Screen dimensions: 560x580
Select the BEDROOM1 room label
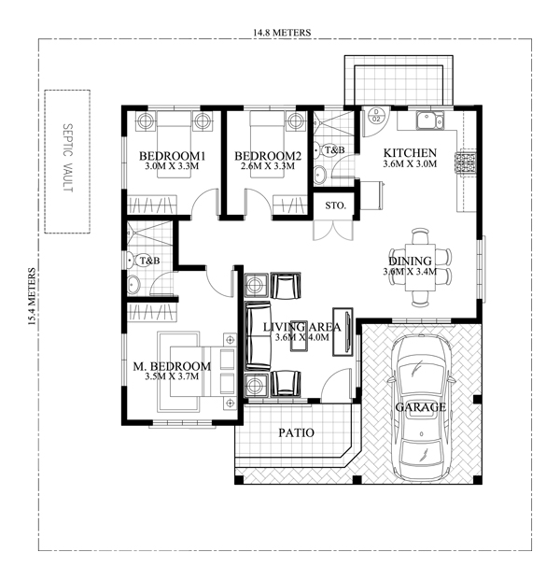click(x=173, y=155)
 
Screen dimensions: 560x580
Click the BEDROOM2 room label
click(x=268, y=155)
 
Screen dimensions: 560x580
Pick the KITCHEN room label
click(x=409, y=152)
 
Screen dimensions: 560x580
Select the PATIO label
click(x=296, y=433)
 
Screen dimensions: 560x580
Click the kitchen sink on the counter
click(x=430, y=120)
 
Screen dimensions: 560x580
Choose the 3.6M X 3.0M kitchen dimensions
click(x=409, y=164)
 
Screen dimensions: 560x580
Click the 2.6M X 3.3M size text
click(x=268, y=167)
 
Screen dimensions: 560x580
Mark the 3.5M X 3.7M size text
click(x=174, y=377)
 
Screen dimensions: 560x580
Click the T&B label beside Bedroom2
click(x=334, y=149)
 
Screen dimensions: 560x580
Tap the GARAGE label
click(x=420, y=408)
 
